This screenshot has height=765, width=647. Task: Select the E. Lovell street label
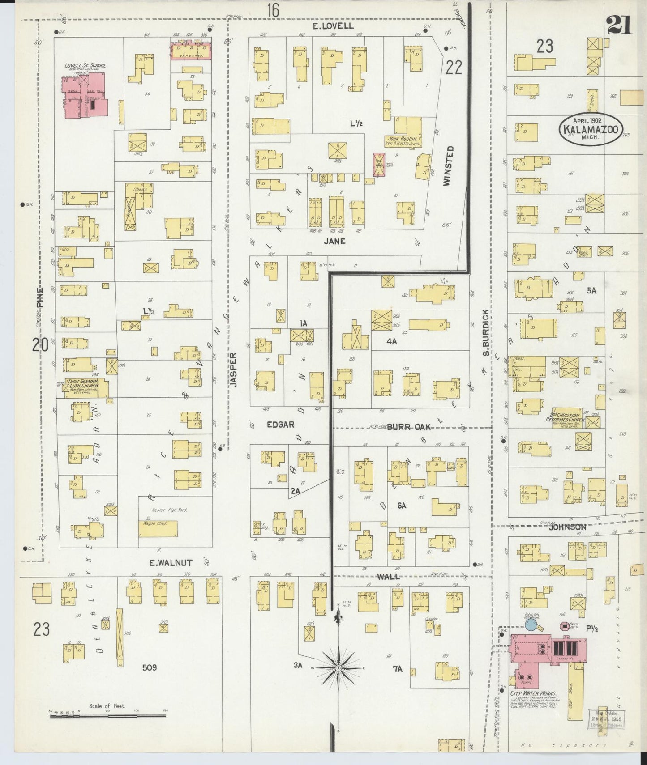333,26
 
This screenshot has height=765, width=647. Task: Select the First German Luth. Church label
82,383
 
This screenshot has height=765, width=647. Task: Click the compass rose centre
339,668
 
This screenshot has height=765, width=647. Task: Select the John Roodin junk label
402,141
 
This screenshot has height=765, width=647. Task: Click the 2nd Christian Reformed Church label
566,417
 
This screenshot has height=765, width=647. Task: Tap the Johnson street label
567,527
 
